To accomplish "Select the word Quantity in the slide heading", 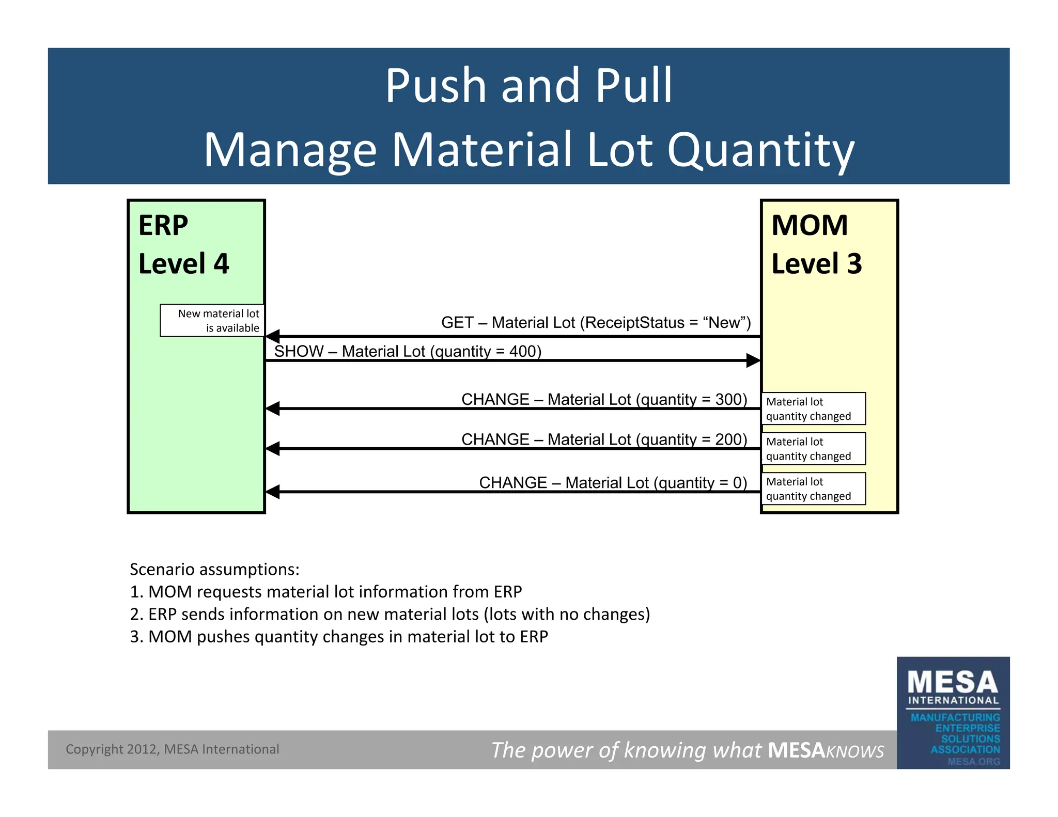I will tap(760, 150).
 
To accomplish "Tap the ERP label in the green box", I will tap(163, 226).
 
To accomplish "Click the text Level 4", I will tap(183, 264).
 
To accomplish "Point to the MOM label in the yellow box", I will tap(810, 226).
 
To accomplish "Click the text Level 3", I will tap(816, 264).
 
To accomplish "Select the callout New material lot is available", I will tap(212, 321).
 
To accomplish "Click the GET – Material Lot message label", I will tap(596, 323).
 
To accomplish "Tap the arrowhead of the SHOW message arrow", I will tap(753, 360).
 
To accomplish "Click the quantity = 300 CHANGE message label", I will tap(604, 399).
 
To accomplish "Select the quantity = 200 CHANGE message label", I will tap(604, 439).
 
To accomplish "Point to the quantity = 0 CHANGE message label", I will tap(613, 483).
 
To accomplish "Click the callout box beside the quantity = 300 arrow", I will tap(813, 409).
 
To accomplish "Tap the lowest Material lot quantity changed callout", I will tap(813, 489).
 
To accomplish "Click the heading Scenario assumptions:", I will tap(214, 569).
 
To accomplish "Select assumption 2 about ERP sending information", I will tap(390, 614).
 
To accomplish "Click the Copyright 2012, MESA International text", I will tap(172, 749).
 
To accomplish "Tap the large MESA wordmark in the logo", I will tap(953, 683).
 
